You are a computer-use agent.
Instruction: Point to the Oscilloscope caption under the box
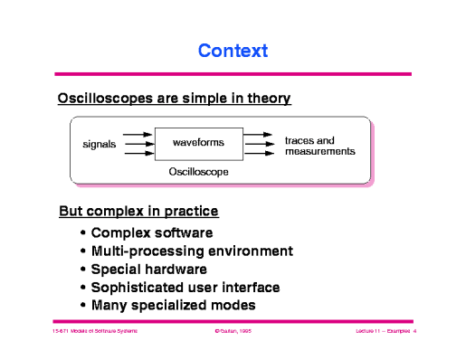198,171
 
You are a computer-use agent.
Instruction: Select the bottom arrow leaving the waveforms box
260,154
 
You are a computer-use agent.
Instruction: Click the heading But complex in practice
138,213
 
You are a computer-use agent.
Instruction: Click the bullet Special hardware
149,269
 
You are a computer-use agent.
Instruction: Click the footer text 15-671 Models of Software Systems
94,333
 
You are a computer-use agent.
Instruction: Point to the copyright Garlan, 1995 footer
232,333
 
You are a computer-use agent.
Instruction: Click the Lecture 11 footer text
379,333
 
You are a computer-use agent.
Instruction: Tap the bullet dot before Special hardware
83,270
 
